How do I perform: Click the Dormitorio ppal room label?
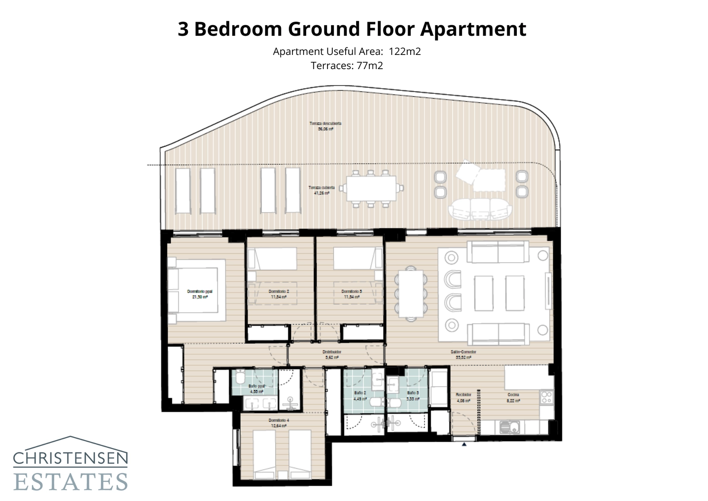pos(200,294)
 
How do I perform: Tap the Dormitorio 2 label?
pos(279,294)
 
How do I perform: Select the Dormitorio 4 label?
pos(279,423)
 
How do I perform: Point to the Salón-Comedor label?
pos(463,354)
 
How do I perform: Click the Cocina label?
pos(513,397)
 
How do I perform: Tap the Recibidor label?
pos(463,397)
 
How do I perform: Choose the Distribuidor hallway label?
pos(332,354)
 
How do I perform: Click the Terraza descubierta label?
pos(325,126)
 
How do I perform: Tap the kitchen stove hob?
pos(546,397)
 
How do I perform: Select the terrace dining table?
pos(371,188)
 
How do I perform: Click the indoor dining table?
pos(411,294)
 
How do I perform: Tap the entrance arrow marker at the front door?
pos(464,443)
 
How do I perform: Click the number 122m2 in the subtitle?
pos(405,51)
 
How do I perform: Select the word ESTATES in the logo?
pos(71,482)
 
